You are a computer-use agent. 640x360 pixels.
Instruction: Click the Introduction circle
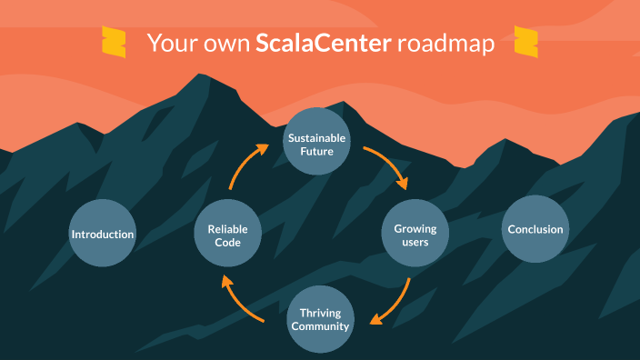coord(103,234)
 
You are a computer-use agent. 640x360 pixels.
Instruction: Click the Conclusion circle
coord(535,230)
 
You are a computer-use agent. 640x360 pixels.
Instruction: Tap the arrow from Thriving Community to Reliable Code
coord(243,302)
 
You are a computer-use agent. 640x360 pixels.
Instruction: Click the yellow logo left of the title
coord(114,43)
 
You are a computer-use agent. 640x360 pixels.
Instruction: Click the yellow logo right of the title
coord(526,42)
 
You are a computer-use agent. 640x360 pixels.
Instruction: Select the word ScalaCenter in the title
coord(325,44)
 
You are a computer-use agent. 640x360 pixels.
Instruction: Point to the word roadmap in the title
coord(446,44)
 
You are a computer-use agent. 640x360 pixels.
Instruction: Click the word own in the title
coord(223,44)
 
